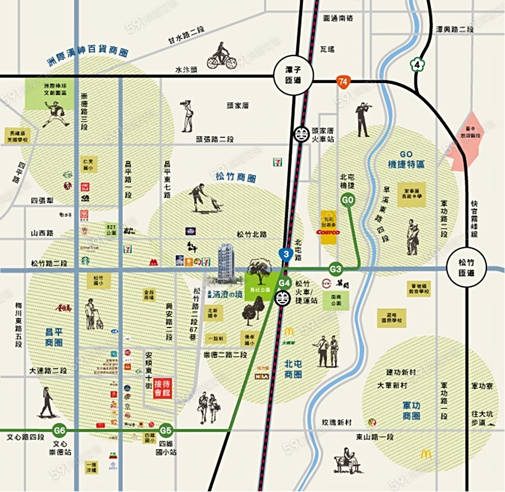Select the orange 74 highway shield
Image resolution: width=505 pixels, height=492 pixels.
pos(343,82)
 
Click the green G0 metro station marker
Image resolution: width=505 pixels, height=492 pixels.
pos(347,199)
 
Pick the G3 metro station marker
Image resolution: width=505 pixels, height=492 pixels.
pos(336,269)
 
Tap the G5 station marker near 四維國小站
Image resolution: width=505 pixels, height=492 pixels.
pos(165,431)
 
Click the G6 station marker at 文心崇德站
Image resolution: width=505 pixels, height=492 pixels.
pos(59,431)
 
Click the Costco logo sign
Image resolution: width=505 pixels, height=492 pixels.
pos(329,231)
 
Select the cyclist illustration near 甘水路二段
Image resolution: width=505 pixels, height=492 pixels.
pos(222,57)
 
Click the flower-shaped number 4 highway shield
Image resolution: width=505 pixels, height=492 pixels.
pos(416,64)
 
